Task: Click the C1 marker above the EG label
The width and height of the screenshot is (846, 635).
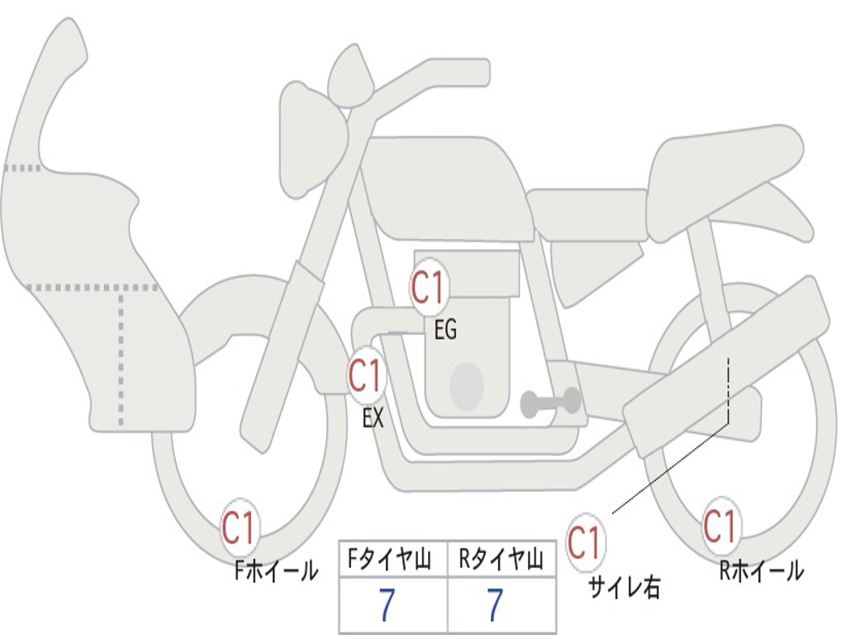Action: [x=428, y=289]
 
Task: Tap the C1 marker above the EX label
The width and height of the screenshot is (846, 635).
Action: [x=365, y=376]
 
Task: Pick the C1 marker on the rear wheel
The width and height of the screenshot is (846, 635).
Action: [x=720, y=526]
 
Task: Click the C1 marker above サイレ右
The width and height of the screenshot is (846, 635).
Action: [x=585, y=543]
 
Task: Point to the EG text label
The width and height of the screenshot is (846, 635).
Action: [x=445, y=331]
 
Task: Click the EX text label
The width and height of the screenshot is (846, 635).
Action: [x=373, y=418]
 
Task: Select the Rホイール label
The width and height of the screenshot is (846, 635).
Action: [x=761, y=571]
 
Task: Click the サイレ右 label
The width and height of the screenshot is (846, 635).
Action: [x=624, y=586]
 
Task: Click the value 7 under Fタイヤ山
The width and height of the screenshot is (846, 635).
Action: [x=387, y=606]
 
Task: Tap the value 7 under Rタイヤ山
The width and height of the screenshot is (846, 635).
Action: [x=494, y=606]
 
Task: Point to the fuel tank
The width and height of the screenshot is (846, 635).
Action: [x=446, y=186]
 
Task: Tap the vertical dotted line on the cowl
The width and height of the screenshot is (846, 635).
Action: [x=121, y=356]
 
